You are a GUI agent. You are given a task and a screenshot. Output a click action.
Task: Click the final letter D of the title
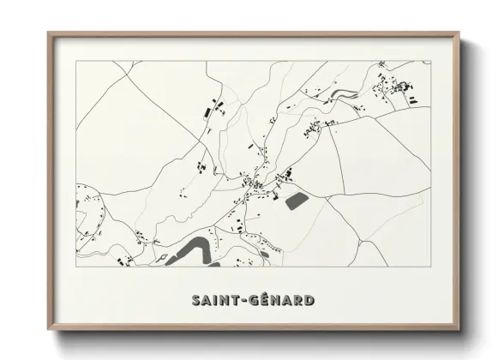[x=309, y=300]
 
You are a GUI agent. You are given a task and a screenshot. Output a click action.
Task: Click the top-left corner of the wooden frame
[x=49, y=34]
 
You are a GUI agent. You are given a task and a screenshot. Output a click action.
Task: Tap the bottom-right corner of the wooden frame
[x=459, y=330]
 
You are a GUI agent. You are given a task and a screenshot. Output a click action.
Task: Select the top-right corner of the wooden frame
[x=459, y=34]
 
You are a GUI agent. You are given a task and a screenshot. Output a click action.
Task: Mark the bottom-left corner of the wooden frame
[x=49, y=330]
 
